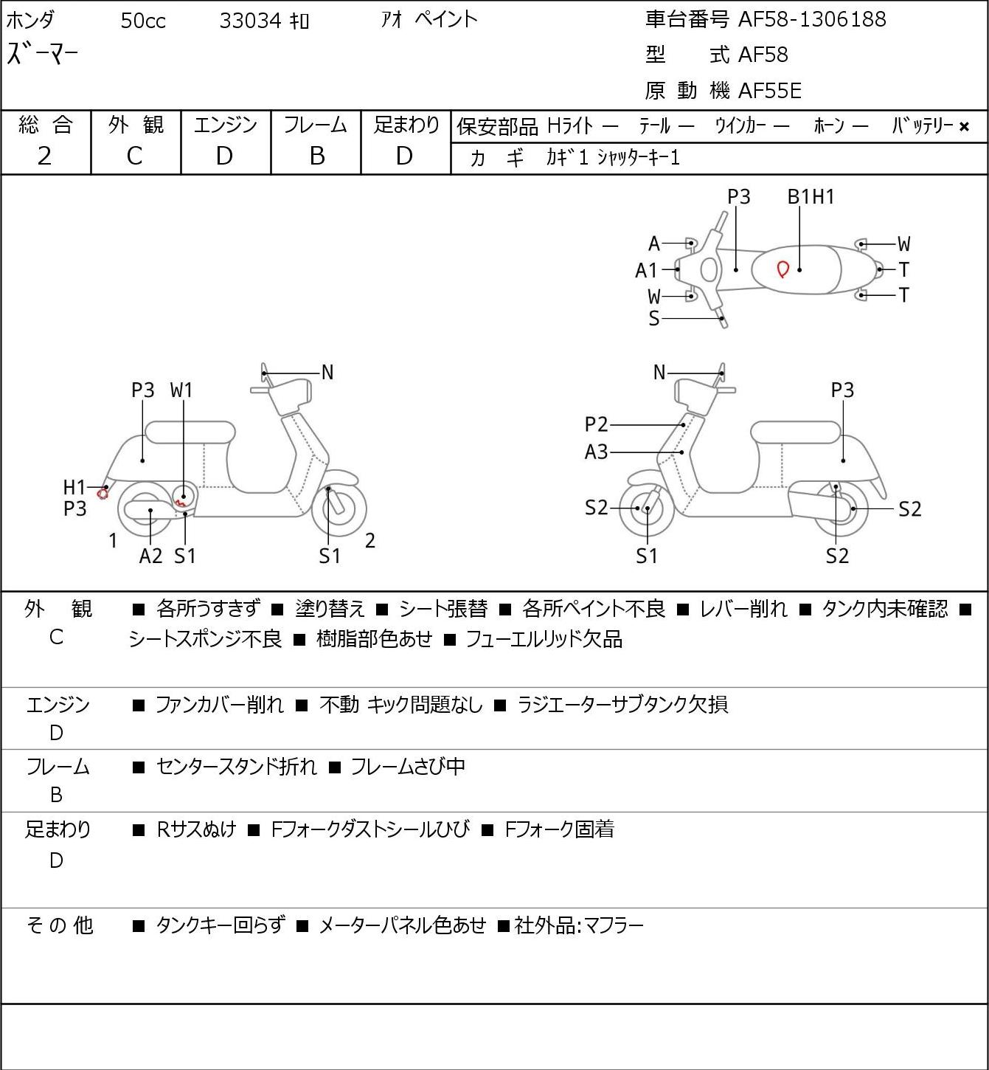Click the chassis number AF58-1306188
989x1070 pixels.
coord(812,19)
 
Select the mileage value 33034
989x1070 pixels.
coord(251,21)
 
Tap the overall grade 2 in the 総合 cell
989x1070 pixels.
coord(44,156)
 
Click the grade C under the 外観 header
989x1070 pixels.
coord(135,156)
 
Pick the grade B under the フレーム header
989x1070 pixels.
coord(316,156)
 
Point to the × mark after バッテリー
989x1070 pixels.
coord(964,127)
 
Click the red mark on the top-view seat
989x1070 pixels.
coord(782,269)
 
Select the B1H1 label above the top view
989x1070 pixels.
coord(811,197)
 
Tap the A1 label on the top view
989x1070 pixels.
coord(646,271)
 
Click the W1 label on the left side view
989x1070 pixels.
coord(181,390)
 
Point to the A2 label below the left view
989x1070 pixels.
coord(150,556)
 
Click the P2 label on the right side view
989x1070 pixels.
coord(597,424)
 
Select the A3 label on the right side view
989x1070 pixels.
coord(597,452)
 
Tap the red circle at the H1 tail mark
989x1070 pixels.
coord(103,493)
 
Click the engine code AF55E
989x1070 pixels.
coord(770,91)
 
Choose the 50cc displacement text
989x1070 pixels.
coord(143,21)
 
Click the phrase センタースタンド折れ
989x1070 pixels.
coord(237,767)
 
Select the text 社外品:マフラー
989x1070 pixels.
coord(579,925)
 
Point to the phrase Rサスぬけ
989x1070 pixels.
coord(197,829)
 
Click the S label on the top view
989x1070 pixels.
coord(654,319)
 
